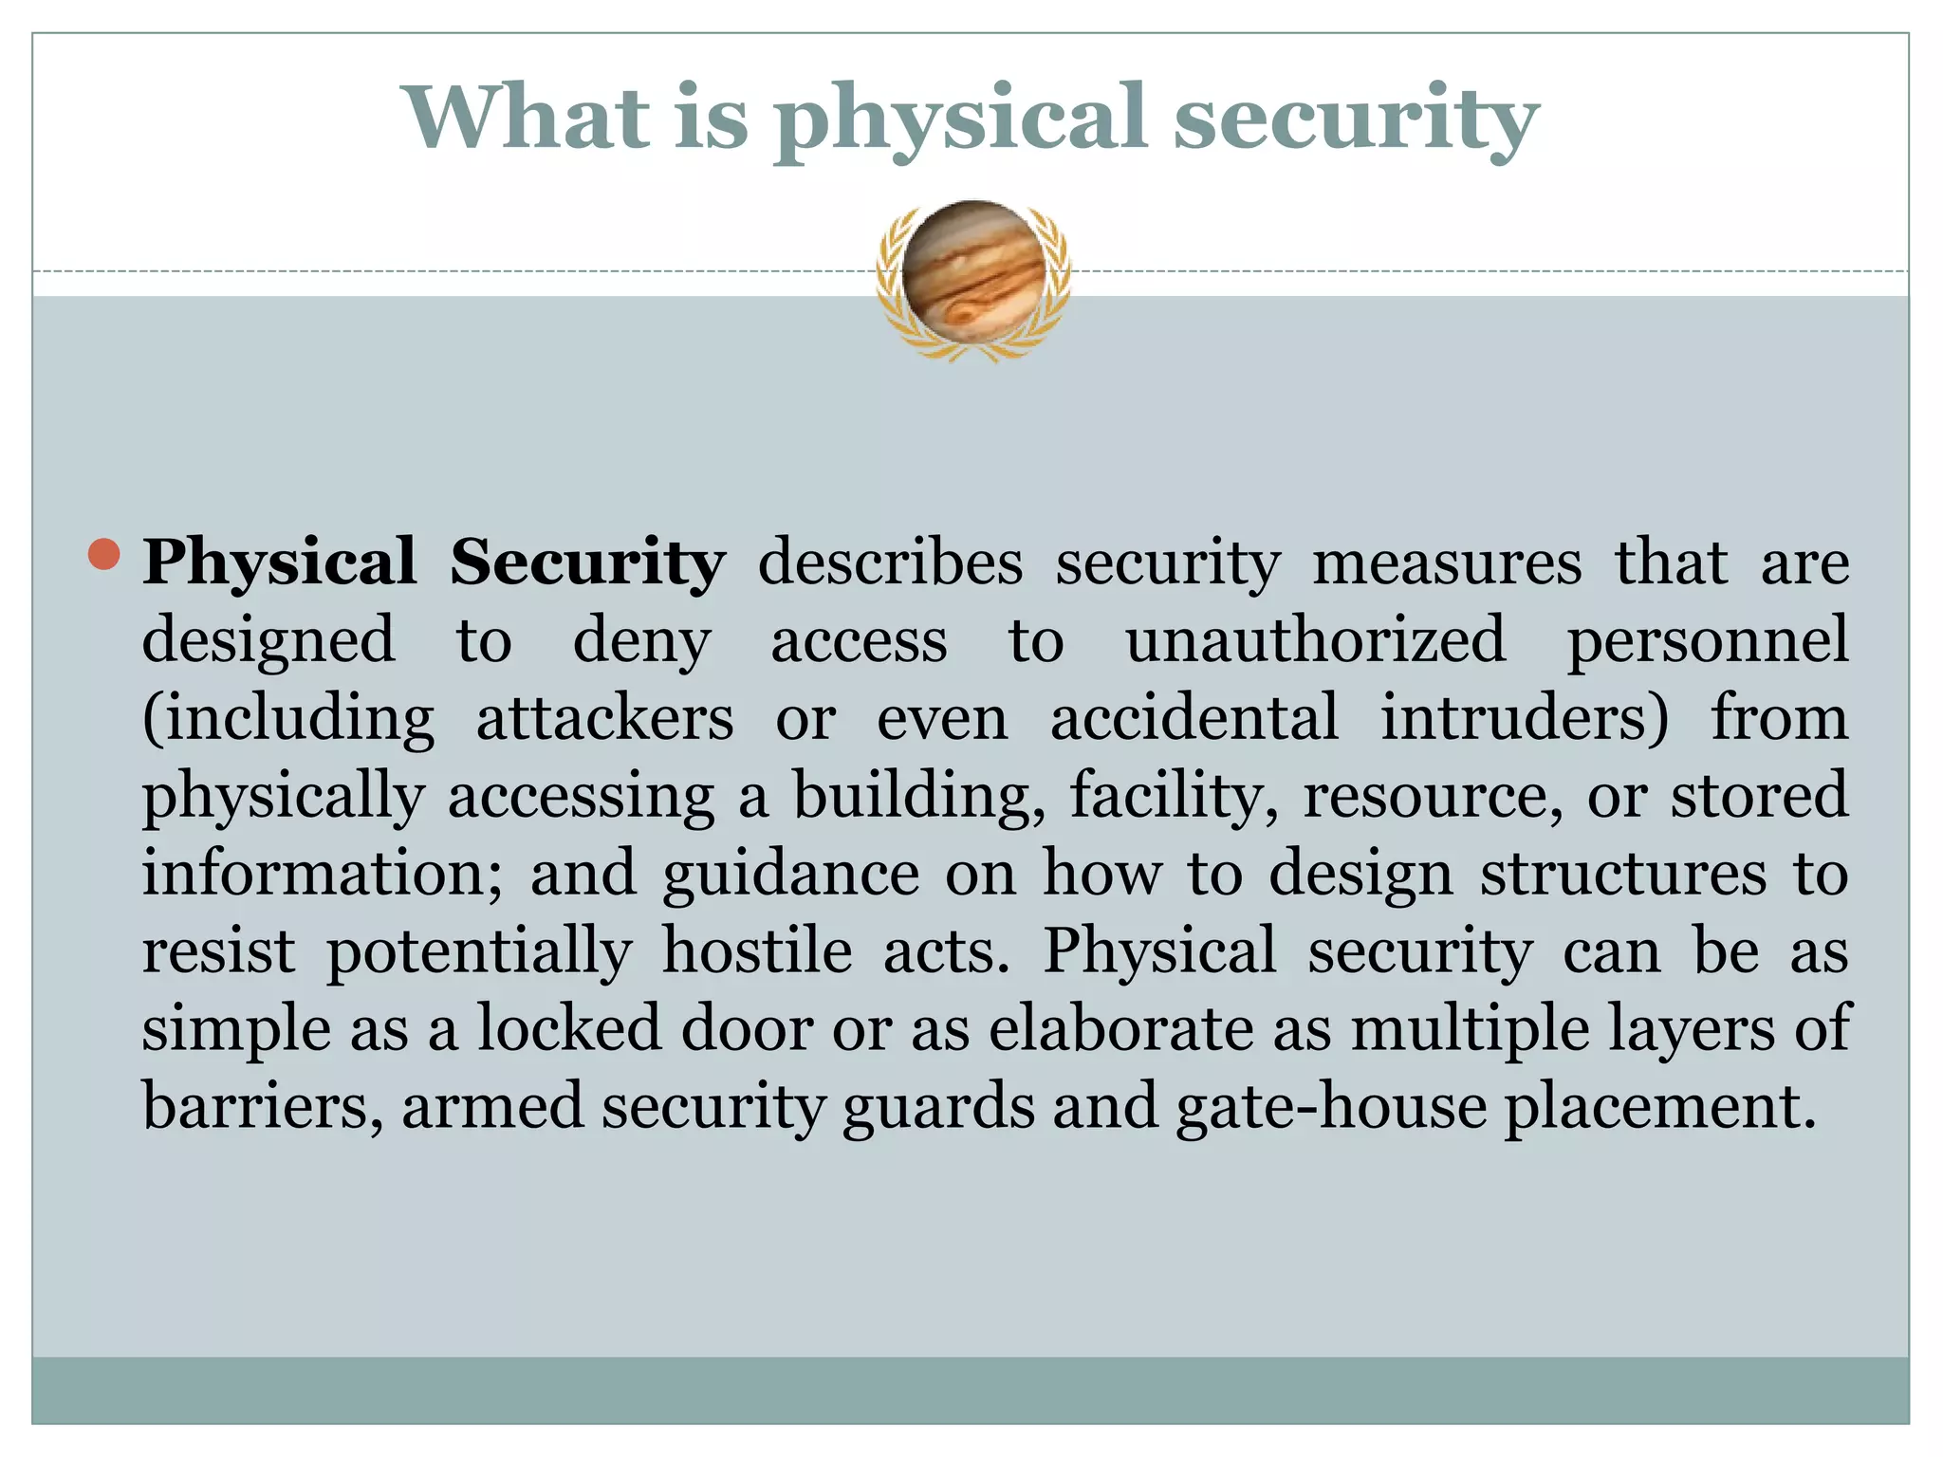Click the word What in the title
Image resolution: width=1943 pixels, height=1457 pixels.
point(527,118)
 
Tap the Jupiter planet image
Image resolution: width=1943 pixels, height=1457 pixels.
point(973,273)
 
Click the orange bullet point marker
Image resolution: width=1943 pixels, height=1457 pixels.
point(104,555)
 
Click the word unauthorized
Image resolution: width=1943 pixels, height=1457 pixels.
point(1315,640)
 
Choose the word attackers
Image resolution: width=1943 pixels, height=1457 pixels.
point(604,718)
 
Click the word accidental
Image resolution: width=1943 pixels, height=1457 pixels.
point(1194,718)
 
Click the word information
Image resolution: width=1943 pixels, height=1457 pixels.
point(323,874)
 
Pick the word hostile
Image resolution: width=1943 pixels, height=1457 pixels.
point(757,951)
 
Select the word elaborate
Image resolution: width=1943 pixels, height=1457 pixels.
point(1120,1029)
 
